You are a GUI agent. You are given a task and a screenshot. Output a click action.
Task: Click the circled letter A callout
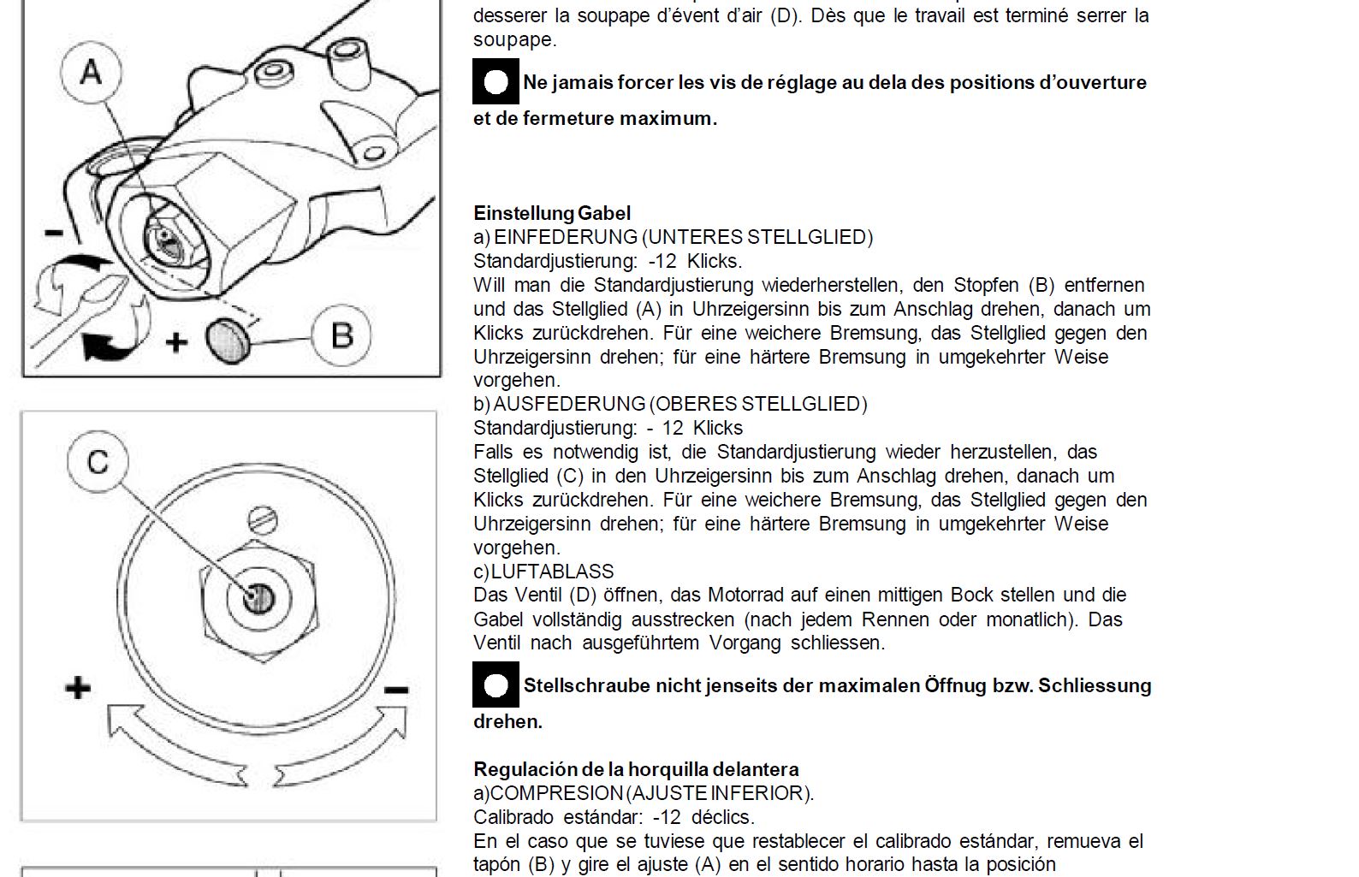coord(92,72)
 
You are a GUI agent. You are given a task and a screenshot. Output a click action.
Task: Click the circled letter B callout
coord(341,335)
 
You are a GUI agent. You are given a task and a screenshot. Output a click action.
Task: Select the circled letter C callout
coord(98,461)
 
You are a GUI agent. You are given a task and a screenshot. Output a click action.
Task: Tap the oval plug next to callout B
coord(228,340)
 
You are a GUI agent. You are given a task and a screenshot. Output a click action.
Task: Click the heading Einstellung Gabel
coord(552,213)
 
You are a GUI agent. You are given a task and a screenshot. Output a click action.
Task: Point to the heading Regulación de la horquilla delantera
coord(636,769)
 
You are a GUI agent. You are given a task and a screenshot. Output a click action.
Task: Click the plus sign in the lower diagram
coord(78,687)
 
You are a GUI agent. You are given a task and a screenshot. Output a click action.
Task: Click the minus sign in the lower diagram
coord(396,689)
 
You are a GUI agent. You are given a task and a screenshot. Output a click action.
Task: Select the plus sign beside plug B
coord(176,342)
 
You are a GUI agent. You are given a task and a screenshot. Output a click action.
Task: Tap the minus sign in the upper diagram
coord(54,232)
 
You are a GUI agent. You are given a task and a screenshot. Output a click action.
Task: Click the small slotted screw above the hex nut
coord(262,518)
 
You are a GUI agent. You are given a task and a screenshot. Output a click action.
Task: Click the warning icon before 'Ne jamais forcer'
coord(496,82)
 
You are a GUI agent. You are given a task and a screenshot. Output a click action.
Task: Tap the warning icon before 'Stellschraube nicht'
coord(496,685)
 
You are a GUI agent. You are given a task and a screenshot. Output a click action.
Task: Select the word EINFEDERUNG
coord(565,237)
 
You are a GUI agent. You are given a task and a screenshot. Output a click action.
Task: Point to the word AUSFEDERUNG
coord(568,404)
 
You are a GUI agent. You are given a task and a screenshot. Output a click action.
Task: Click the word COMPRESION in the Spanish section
coord(555,793)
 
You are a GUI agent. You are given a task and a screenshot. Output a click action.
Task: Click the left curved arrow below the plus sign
coord(171,744)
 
